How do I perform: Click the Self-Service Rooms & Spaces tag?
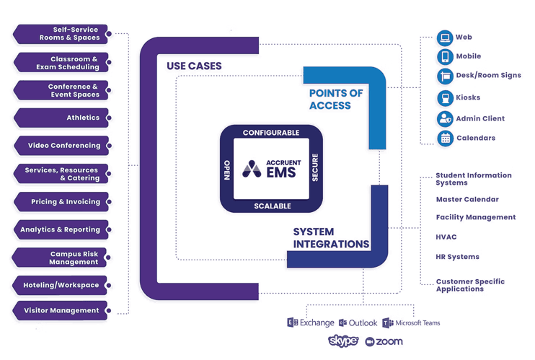(x=63, y=34)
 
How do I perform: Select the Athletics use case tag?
(x=63, y=118)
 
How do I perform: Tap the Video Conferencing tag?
(x=63, y=146)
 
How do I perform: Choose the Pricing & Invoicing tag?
(x=63, y=202)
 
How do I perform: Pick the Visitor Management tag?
(x=63, y=311)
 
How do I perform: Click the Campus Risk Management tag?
(x=63, y=258)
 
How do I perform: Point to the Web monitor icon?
(x=445, y=38)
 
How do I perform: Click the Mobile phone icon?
(x=445, y=56)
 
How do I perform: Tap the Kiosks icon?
(x=445, y=97)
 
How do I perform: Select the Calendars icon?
(x=445, y=138)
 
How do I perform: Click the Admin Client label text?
(x=480, y=118)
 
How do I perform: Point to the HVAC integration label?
(x=446, y=237)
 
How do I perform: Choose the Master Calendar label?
(x=467, y=199)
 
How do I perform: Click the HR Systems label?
(x=457, y=257)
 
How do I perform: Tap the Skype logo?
(x=343, y=341)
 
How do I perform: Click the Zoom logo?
(x=384, y=341)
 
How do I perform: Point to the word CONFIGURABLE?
(x=271, y=133)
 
